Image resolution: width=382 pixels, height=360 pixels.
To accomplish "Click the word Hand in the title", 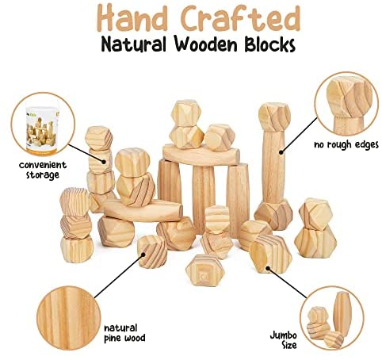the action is [132, 18].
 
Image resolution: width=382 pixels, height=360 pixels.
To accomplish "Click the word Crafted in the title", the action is [241, 18].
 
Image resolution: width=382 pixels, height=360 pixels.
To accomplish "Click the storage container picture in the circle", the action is [42, 128].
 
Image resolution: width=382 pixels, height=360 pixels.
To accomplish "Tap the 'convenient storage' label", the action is [43, 170].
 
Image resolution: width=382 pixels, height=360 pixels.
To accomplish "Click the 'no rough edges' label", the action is [346, 145].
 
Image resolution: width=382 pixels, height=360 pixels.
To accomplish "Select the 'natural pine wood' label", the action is [124, 333].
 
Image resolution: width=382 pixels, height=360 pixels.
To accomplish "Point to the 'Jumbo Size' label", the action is [283, 340].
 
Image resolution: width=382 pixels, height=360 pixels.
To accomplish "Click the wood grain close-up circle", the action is [69, 318].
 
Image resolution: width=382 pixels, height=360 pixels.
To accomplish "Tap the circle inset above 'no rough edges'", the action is [346, 103].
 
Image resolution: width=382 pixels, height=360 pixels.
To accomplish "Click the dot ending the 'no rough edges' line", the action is [281, 152].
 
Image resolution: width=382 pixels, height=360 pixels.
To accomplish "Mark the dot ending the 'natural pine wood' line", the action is [143, 255].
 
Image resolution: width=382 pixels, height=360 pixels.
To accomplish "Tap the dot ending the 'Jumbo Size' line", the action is [268, 268].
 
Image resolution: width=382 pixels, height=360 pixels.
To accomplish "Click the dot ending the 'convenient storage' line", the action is [104, 162].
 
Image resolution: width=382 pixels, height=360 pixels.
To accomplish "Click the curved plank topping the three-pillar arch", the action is [201, 155].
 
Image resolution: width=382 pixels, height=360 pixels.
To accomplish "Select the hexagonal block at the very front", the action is [205, 270].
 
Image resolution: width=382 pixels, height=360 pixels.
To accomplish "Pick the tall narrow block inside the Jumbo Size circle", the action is [343, 313].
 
